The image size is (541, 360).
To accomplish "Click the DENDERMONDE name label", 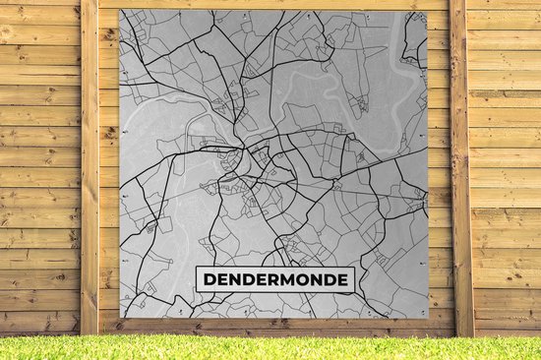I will pyautogui.click(x=274, y=279).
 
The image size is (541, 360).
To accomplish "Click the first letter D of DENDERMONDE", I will pyautogui.click(x=210, y=280).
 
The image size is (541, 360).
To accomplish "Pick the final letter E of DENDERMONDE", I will pyautogui.click(x=341, y=280).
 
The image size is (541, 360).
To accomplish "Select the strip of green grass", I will pyautogui.click(x=270, y=347).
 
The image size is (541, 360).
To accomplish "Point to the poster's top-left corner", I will pyautogui.click(x=120, y=11).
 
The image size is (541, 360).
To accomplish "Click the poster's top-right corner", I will pyautogui.click(x=428, y=11).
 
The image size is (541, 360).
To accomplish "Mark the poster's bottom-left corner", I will pyautogui.click(x=120, y=319).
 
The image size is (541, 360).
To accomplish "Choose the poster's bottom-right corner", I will pyautogui.click(x=428, y=319).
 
